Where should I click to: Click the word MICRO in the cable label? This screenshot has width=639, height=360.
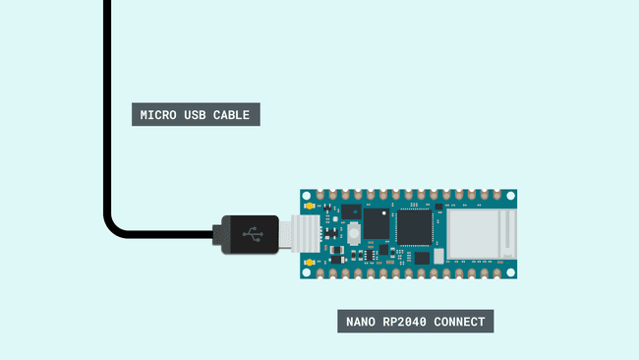[x=159, y=115]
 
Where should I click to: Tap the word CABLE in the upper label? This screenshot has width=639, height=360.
[x=234, y=115]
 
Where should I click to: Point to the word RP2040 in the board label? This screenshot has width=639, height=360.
[x=406, y=321]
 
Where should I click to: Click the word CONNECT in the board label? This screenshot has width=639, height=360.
[x=457, y=321]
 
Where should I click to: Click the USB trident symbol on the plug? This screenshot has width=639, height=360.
[x=254, y=235]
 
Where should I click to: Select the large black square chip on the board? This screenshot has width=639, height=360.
[x=413, y=226]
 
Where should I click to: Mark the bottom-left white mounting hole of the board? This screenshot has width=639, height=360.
[x=305, y=272]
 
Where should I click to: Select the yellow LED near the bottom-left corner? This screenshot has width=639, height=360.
[x=310, y=263]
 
